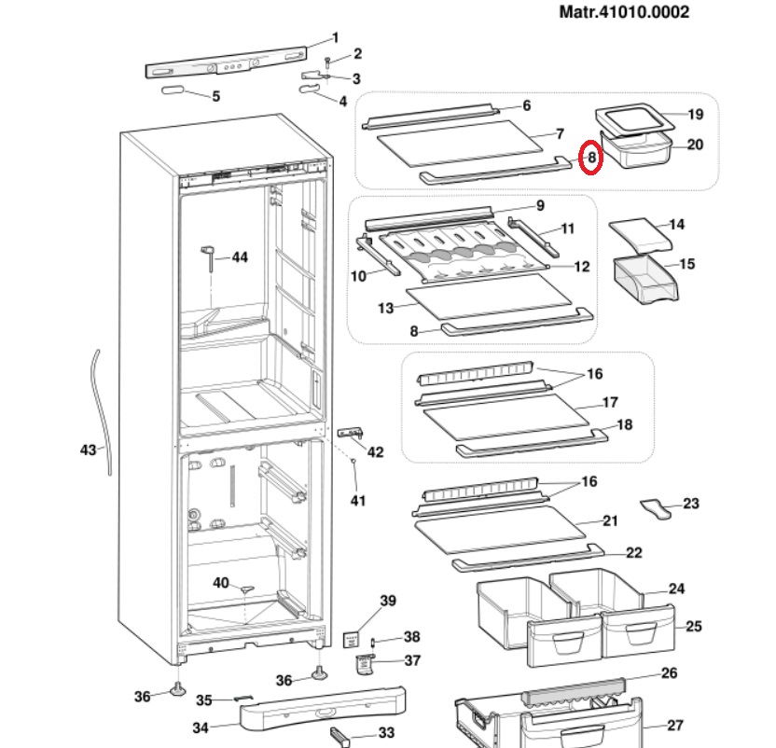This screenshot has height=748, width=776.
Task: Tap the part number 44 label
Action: [240, 256]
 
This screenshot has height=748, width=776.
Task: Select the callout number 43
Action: [89, 450]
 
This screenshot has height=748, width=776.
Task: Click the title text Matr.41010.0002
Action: [624, 12]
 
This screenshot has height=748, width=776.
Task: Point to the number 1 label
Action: [336, 38]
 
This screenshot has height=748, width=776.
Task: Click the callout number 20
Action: [695, 145]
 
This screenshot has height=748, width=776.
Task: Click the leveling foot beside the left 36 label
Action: [176, 689]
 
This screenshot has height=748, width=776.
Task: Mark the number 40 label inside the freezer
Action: [221, 583]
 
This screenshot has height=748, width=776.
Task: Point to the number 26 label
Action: [669, 672]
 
